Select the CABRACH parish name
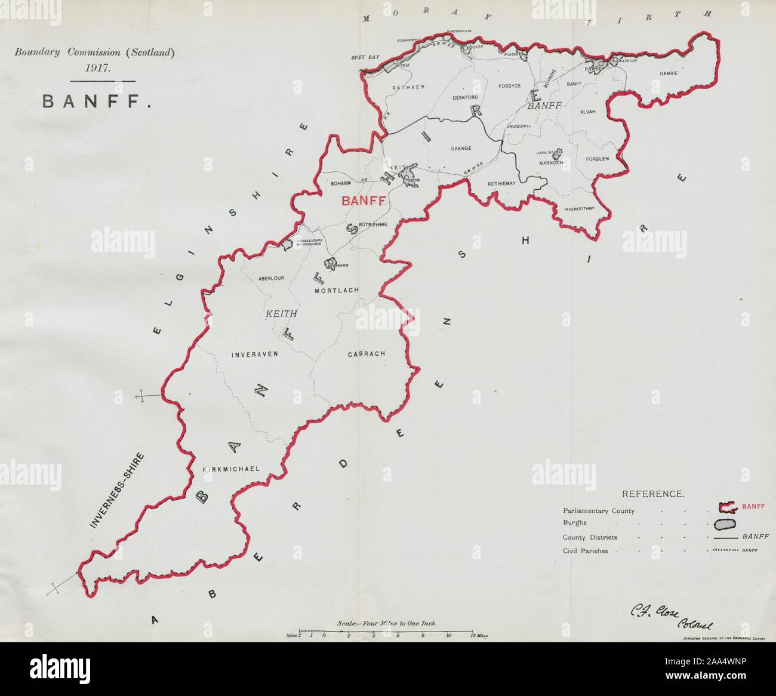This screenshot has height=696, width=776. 367,353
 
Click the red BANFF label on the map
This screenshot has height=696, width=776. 362,201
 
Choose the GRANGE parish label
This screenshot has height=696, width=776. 461,148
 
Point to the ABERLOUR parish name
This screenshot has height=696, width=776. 270,278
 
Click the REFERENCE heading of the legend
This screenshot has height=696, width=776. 653,494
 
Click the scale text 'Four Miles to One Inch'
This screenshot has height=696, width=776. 386,623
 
